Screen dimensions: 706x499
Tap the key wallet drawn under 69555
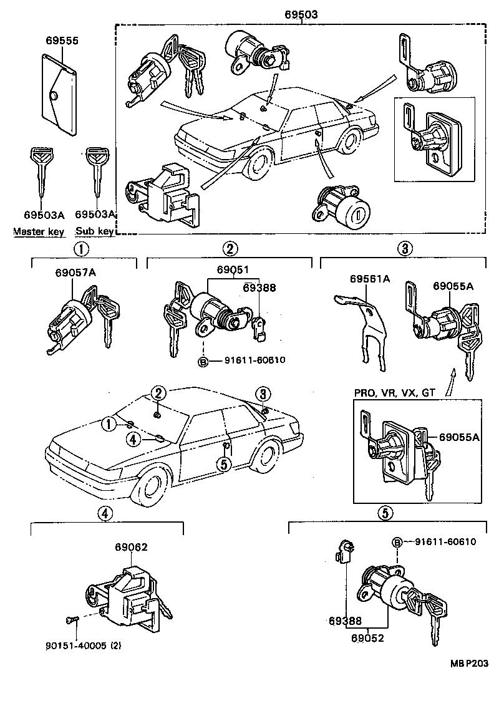(x=59, y=94)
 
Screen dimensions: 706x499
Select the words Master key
(x=39, y=231)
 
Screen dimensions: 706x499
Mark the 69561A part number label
(x=369, y=279)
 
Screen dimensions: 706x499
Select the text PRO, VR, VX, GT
(x=394, y=393)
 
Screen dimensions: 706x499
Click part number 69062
(x=131, y=547)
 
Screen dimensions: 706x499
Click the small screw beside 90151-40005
(x=70, y=619)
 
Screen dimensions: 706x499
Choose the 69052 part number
(x=367, y=638)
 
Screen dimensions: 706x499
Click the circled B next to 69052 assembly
(x=397, y=541)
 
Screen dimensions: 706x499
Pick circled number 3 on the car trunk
(x=263, y=394)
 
